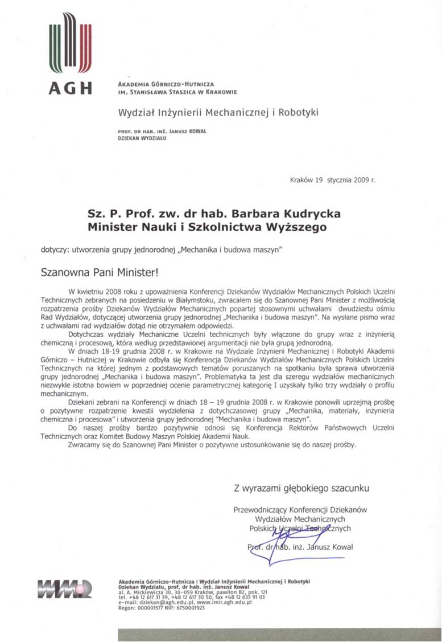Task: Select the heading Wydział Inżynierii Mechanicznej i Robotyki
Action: click(x=218, y=112)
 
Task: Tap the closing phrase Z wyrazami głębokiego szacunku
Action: click(x=302, y=488)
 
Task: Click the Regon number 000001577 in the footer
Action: click(x=152, y=608)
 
